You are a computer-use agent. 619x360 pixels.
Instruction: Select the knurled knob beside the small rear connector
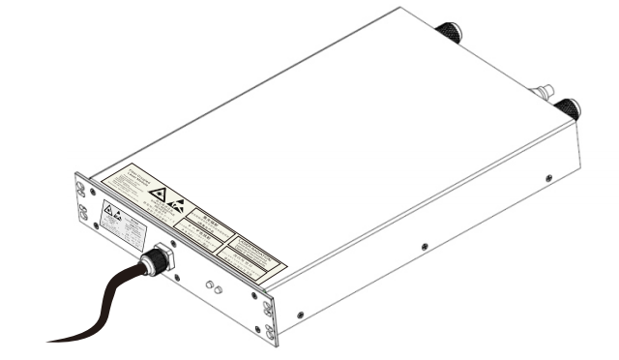[x=568, y=108]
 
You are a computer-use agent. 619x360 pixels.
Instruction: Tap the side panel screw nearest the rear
[x=548, y=179]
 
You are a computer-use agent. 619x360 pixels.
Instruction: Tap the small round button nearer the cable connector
[x=209, y=285]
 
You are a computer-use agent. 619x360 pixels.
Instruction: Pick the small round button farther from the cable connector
[x=219, y=290]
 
